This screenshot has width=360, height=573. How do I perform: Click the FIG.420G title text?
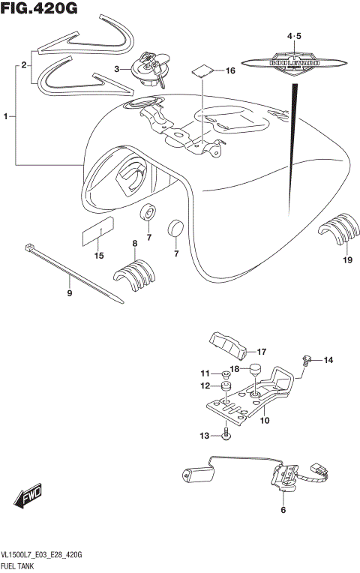click(x=40, y=10)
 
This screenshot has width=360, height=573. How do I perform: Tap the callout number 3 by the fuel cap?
click(x=117, y=69)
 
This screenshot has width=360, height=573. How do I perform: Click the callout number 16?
click(x=231, y=70)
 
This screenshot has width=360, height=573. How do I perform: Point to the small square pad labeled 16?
click(x=201, y=71)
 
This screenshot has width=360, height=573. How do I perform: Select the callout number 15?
click(x=98, y=256)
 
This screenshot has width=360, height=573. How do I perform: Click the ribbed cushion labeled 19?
click(x=338, y=228)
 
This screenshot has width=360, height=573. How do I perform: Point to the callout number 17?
click(x=262, y=351)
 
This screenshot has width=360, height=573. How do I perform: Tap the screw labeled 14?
click(x=307, y=361)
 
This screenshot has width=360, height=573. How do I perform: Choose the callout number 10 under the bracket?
click(x=264, y=421)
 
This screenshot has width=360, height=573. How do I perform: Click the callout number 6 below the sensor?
click(x=283, y=511)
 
